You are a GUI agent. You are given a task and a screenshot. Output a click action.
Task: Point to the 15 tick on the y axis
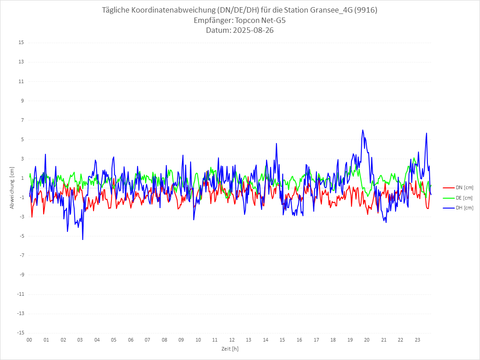tap(21, 43)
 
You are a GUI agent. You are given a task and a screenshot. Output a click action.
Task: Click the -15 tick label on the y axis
tap(20, 333)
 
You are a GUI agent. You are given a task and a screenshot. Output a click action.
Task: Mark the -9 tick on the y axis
tap(21, 275)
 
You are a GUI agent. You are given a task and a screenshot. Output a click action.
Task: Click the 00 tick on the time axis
tap(29, 340)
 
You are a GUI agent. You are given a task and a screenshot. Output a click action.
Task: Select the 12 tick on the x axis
tap(232, 340)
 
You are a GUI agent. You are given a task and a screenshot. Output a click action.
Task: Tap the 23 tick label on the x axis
tap(418, 340)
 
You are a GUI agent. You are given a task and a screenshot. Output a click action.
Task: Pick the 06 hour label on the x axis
tap(130, 340)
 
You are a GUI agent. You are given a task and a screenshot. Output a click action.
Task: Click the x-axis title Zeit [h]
tap(230, 349)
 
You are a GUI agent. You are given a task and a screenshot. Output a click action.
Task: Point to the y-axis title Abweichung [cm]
tap(12, 188)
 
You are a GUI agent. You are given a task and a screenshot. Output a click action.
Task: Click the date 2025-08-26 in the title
tap(251, 31)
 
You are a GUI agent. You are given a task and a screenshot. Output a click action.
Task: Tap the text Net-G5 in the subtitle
tap(273, 20)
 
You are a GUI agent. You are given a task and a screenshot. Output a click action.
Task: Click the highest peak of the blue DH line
tap(363, 130)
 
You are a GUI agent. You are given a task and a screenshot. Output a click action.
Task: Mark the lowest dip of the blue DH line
tap(83, 240)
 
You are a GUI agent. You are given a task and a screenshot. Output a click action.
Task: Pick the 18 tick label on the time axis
tap(333, 340)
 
